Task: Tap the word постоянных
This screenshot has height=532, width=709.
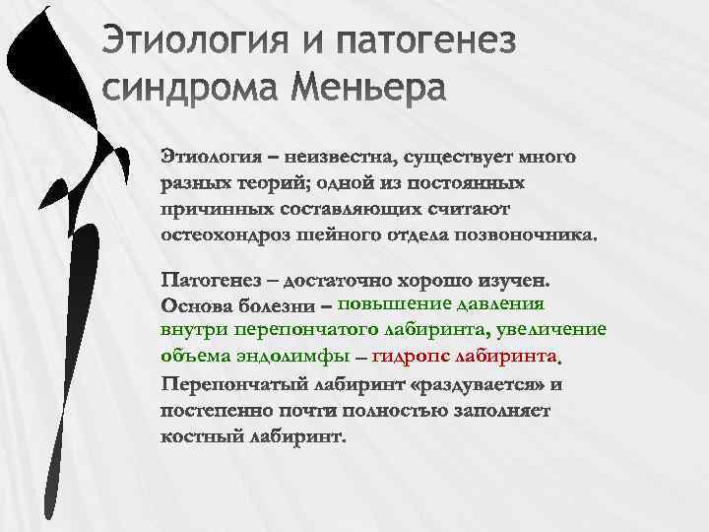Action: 465,184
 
